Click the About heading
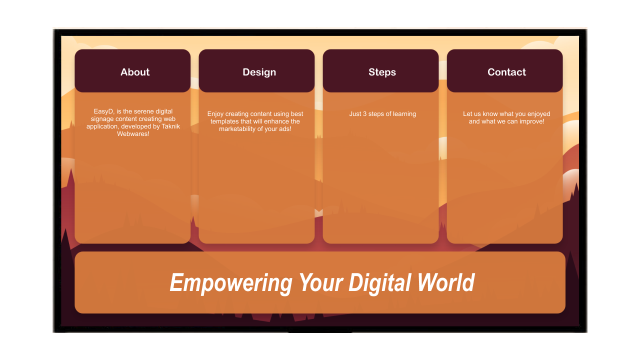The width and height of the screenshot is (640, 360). pyautogui.click(x=135, y=72)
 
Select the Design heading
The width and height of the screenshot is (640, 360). pyautogui.click(x=259, y=72)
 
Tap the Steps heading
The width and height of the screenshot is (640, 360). pyautogui.click(x=382, y=72)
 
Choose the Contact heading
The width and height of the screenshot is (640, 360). pyautogui.click(x=506, y=72)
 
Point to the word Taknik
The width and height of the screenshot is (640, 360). pyautogui.click(x=171, y=126)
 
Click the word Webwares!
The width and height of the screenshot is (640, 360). pyautogui.click(x=133, y=133)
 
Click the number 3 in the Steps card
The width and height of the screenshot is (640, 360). pyautogui.click(x=364, y=113)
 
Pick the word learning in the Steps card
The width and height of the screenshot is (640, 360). pyautogui.click(x=404, y=114)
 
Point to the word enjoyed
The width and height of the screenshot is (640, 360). pyautogui.click(x=538, y=114)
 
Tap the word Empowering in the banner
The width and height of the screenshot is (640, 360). pyautogui.click(x=231, y=283)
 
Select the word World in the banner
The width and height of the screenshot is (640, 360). pyautogui.click(x=445, y=282)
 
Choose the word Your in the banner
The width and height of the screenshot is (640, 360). pyautogui.click(x=320, y=282)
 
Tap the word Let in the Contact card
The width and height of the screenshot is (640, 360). pyautogui.click(x=467, y=113)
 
